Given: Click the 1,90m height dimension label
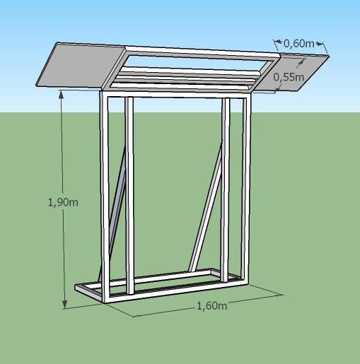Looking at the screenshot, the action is point(63,202).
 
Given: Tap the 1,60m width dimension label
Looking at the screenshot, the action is point(211,306).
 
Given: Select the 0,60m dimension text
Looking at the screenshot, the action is point(298,44).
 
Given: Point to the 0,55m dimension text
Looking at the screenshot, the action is point(289,77).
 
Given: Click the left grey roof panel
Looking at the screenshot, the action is point(81,66).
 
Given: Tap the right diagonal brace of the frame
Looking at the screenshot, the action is point(206,206).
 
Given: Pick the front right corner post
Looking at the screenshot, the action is point(245,189).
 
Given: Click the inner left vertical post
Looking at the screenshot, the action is point(129,196).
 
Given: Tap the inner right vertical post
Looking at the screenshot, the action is point(226,189).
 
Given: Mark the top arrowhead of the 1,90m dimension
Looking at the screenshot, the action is point(62,94).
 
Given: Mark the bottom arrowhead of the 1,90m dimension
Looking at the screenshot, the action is point(65,304).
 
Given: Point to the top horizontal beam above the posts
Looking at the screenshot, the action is point(175,94).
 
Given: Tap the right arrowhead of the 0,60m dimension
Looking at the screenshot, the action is point(319,43).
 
